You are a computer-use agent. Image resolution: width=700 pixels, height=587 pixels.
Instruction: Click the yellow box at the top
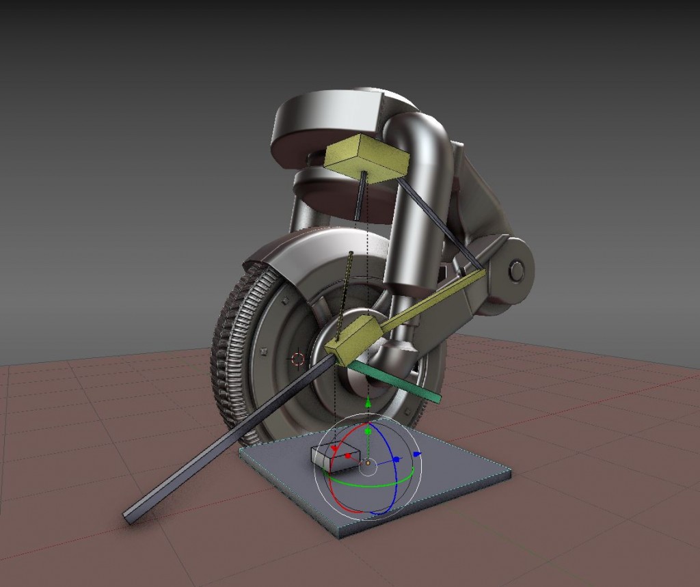[366, 158]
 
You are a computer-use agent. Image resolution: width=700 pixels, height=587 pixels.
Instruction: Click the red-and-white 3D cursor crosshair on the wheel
[297, 358]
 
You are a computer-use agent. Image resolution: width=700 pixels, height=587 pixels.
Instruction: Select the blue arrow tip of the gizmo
[418, 454]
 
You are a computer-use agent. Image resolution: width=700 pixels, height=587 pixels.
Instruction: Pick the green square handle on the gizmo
[368, 432]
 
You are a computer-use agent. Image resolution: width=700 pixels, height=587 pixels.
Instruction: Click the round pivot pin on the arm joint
[517, 271]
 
